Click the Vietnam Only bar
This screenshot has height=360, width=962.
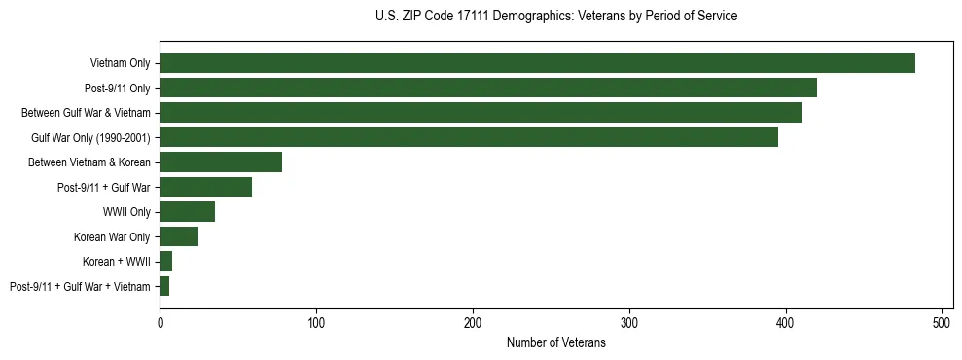[537, 63]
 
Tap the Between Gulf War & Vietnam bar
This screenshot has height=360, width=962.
[481, 113]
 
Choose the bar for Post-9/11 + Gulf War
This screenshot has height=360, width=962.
[205, 187]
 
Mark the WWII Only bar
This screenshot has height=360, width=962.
[187, 212]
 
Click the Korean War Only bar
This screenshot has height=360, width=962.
[179, 236]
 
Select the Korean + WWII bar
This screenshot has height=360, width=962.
[165, 262]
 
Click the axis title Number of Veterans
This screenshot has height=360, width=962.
[556, 343]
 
